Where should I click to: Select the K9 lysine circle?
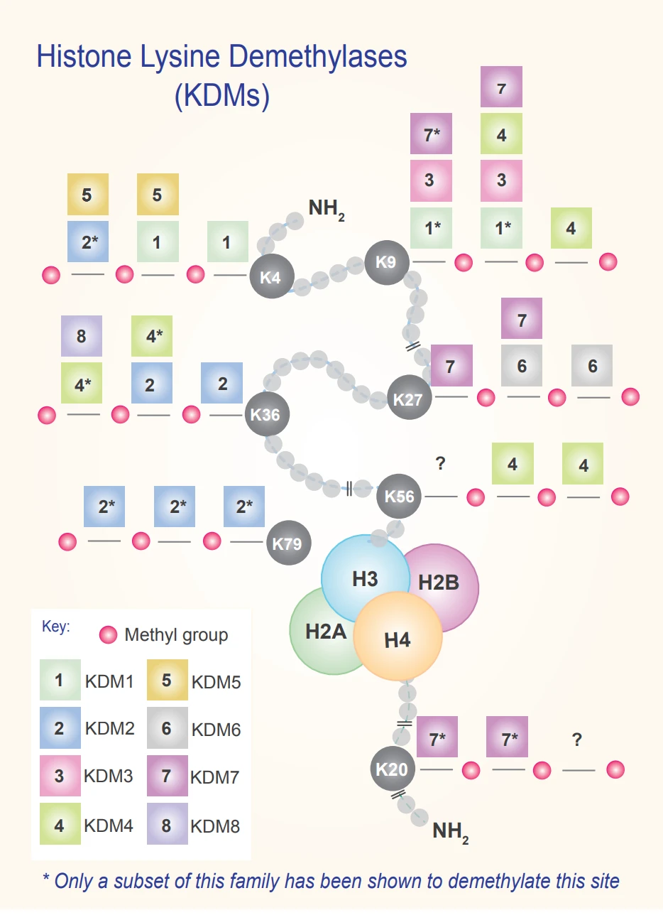[387, 262]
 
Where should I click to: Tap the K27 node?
[409, 397]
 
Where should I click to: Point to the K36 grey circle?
[267, 414]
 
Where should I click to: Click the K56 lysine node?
[399, 496]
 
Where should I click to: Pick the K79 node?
[289, 543]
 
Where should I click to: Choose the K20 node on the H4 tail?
[393, 769]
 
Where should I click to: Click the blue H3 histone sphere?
[365, 578]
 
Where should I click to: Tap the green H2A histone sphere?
[324, 630]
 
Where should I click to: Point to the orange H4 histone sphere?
[398, 637]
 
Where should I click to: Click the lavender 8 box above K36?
[82, 336]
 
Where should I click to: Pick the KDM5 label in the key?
[217, 682]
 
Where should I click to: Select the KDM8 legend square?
[168, 824]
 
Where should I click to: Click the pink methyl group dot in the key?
[109, 635]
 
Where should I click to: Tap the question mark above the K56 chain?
[440, 463]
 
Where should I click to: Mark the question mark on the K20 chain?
[577, 740]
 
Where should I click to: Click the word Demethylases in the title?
[317, 56]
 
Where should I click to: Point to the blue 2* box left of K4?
[88, 242]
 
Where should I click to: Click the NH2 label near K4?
[327, 210]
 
